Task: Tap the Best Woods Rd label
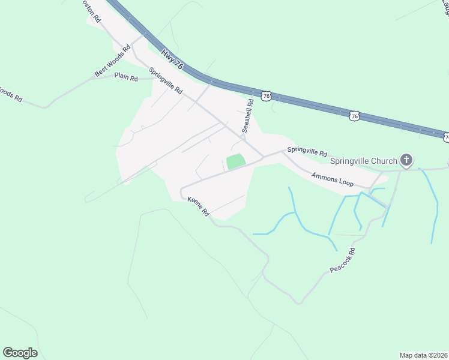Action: click(x=112, y=61)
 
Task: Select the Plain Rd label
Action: click(x=126, y=78)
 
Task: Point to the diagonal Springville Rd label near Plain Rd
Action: click(x=166, y=80)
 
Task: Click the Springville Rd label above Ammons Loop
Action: click(x=307, y=152)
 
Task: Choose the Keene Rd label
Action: click(x=198, y=206)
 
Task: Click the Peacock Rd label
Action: click(x=343, y=259)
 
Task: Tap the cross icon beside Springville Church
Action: click(x=406, y=160)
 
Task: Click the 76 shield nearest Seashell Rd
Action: click(x=267, y=95)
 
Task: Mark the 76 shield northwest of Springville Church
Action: click(x=355, y=116)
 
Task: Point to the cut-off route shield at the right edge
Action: click(x=446, y=137)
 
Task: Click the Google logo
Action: click(x=20, y=352)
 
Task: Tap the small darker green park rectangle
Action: click(x=236, y=161)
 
